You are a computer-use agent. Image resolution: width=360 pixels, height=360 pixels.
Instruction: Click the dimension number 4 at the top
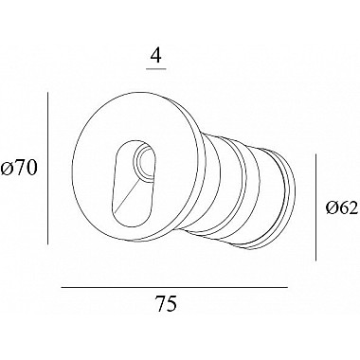156,56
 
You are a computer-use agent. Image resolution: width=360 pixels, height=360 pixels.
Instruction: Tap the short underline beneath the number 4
156,68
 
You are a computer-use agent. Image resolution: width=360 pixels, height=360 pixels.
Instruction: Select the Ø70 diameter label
19,168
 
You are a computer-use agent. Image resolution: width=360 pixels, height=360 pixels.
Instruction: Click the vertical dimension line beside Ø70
47,168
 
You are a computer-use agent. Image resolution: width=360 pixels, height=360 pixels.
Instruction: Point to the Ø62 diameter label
342,208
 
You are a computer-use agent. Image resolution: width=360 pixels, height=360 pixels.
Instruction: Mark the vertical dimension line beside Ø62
315,207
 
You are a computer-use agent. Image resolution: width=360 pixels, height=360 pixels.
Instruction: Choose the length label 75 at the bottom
167,304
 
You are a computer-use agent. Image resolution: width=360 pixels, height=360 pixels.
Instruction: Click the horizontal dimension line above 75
174,287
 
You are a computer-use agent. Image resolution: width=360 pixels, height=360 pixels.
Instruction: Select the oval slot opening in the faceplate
135,184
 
